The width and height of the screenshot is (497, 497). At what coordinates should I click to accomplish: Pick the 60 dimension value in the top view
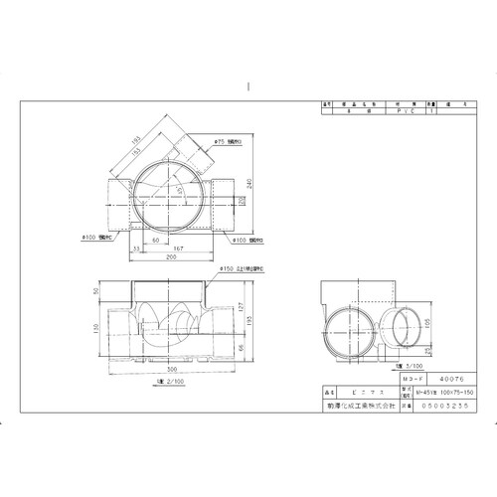(156, 242)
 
